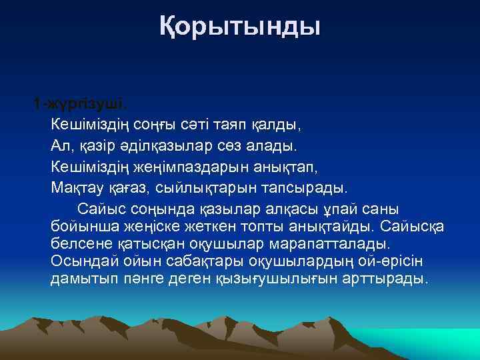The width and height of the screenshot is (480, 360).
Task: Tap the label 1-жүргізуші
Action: pos(81,105)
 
